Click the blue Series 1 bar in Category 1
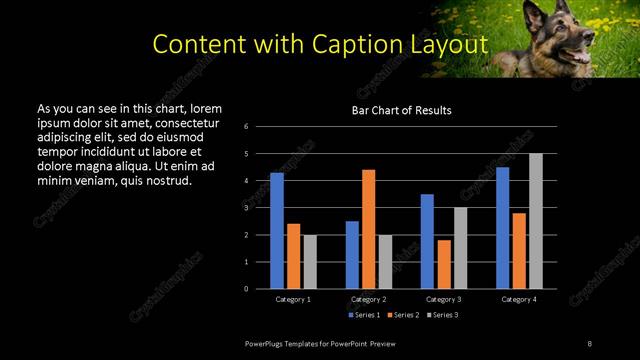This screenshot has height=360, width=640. pos(277,231)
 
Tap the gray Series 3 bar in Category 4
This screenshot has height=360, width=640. pos(536,221)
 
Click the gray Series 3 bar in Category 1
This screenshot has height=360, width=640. pos(310,262)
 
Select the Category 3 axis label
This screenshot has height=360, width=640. pos(443,299)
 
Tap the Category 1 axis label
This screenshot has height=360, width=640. pos(293,299)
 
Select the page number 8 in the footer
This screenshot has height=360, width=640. pos(589,344)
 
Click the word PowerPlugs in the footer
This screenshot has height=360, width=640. pos(266,344)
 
